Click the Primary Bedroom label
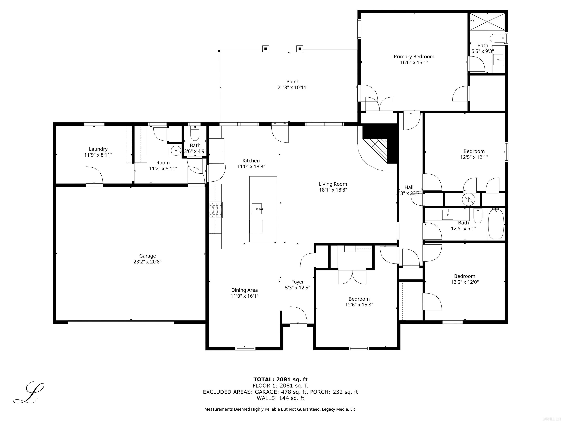coord(414,57)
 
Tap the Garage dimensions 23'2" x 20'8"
coord(147,262)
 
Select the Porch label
coord(293,81)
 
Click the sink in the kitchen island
coord(257,209)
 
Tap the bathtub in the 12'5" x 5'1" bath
coord(496,224)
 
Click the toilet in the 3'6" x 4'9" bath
coord(195,135)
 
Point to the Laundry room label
coord(98,149)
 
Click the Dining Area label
coord(244,290)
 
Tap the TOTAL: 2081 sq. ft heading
coord(280,379)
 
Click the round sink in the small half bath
coord(176,151)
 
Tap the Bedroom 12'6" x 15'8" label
coord(359,299)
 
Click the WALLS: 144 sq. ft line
coord(280,398)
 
